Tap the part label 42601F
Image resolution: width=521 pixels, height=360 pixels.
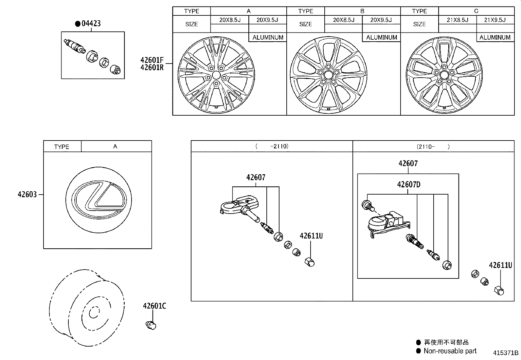click(152, 60)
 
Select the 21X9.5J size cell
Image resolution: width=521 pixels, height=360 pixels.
click(495, 20)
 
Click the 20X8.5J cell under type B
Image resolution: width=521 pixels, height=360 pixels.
click(343, 20)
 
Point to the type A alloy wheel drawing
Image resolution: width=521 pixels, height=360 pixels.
click(216, 75)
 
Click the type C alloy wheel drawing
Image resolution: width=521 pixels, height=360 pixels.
click(444, 75)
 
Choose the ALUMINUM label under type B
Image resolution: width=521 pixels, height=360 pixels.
click(381, 37)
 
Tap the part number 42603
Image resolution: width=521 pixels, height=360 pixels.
click(27, 195)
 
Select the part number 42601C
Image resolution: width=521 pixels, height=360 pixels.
click(154, 306)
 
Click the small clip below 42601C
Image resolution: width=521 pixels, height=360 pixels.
click(151, 325)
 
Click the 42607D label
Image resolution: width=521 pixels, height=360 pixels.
click(408, 184)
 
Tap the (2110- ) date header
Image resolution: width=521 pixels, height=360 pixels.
click(433, 146)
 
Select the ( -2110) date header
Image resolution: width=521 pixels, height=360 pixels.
click(272, 146)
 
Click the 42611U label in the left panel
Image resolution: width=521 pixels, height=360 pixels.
click(311, 236)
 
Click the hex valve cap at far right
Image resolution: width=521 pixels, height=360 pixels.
click(499, 290)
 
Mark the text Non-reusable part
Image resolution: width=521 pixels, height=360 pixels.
click(450, 351)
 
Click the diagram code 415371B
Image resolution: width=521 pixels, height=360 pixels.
click(506, 353)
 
